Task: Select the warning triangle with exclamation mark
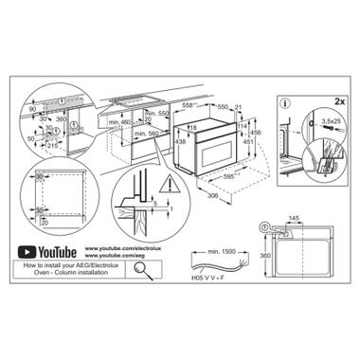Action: tap(125, 196)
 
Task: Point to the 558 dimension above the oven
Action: tap(190, 101)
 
